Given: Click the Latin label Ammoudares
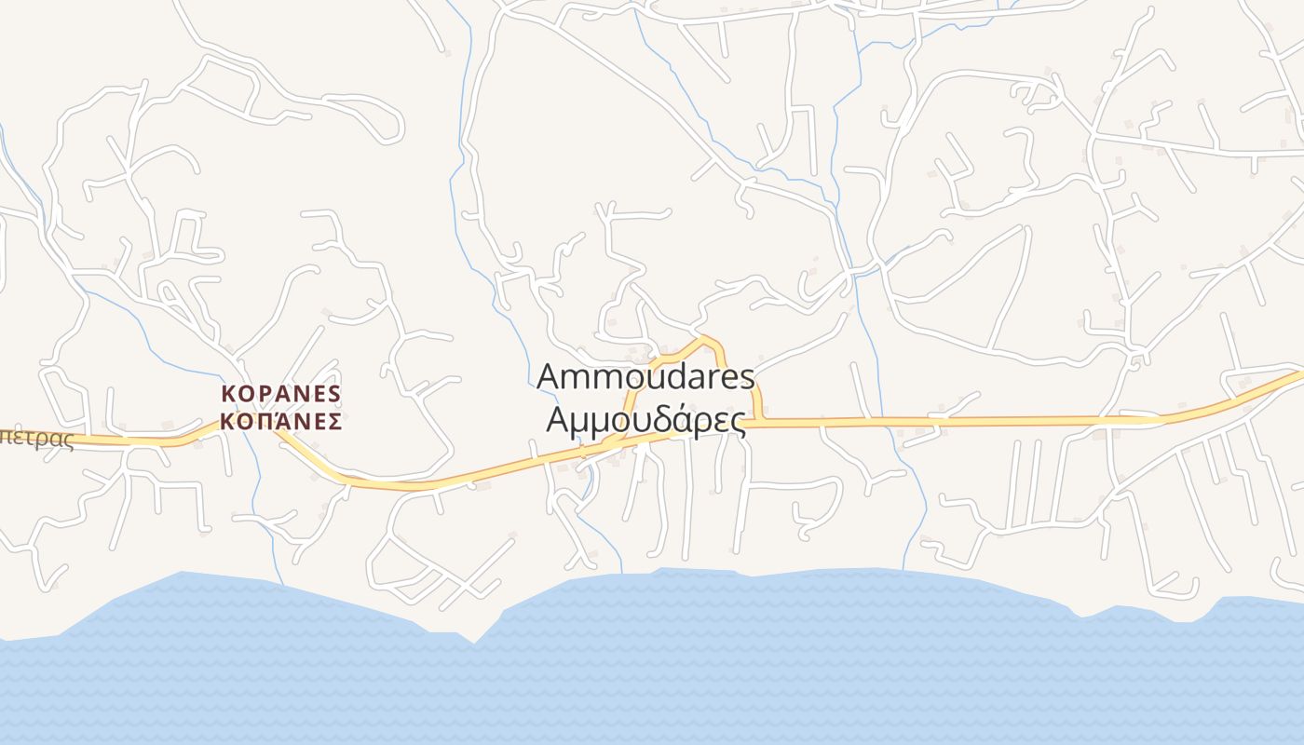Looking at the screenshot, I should pos(645,377).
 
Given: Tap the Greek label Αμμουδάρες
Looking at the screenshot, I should pos(645,420).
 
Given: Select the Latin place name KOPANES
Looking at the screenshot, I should pos(281,393).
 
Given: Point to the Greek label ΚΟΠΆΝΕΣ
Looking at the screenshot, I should pos(281,421).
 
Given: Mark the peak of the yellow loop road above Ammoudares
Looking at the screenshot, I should pos(704,338).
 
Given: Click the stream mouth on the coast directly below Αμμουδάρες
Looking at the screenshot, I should pos(621,574).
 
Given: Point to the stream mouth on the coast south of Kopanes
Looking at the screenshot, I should pos(282,585).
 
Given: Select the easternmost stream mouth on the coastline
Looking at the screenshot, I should pos(903,570).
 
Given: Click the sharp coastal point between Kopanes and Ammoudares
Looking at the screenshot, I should pos(475,642).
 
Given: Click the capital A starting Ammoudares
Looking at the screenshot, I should pos(550,377).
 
